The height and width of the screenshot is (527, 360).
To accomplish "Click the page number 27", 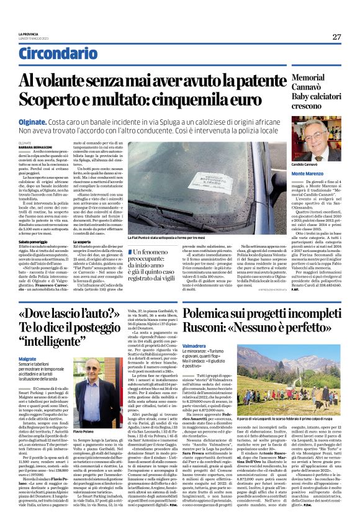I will click(336, 37).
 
